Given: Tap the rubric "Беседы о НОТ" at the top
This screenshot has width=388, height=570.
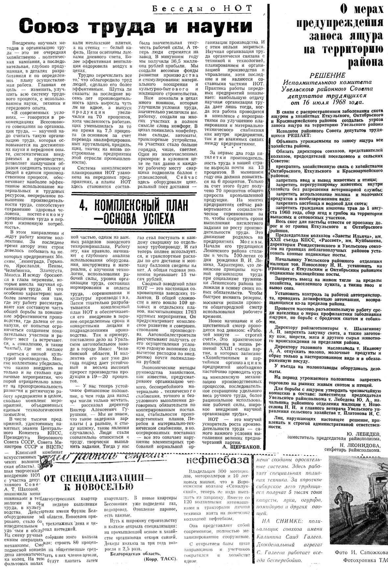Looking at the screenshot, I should pos(202,8).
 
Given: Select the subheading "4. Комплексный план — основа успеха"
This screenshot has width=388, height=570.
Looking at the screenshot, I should pos(134,212).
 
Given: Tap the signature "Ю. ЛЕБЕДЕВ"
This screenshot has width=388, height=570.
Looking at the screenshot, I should pos(363,433).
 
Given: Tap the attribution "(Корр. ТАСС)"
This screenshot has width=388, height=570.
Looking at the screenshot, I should pos(161,558).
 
